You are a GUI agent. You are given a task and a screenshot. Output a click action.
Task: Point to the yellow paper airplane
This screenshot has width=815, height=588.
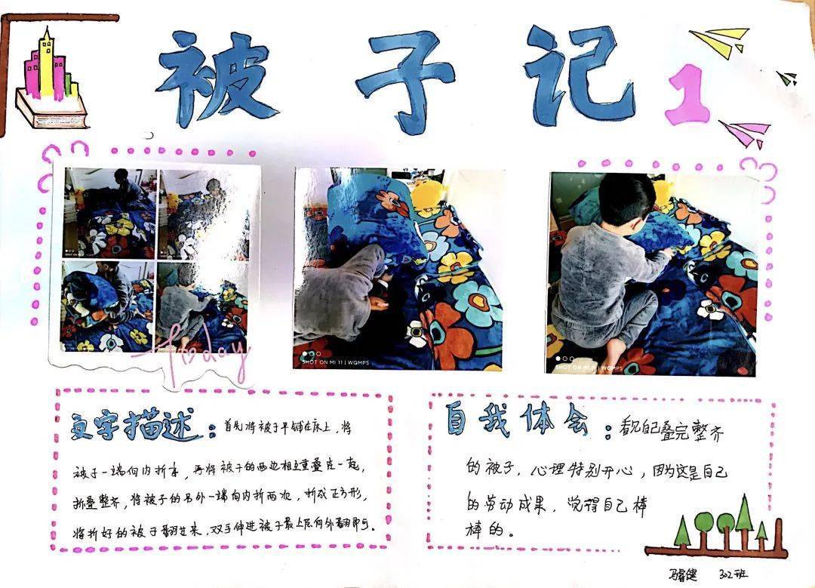pyautogui.click(x=721, y=42)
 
